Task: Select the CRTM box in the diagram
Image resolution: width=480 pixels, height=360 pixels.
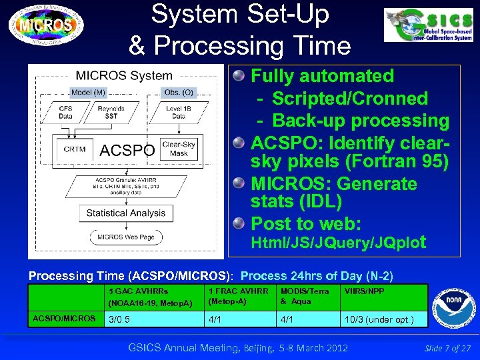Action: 74,149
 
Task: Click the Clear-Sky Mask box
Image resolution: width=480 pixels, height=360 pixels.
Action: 178,149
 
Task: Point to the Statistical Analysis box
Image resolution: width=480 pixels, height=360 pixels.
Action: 125,213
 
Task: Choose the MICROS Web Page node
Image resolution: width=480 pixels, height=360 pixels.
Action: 125,237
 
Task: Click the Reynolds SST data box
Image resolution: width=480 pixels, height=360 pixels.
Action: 111,111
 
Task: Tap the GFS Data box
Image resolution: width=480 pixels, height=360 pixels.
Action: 65,111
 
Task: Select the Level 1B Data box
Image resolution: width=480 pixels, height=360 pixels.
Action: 179,111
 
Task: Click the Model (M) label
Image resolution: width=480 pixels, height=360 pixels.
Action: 88,92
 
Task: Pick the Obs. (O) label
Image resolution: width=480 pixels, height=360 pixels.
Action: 179,92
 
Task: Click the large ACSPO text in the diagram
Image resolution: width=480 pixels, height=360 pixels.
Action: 127,150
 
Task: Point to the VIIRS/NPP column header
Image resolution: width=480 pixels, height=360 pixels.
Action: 365,291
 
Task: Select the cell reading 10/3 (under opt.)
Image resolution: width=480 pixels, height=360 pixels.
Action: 379,319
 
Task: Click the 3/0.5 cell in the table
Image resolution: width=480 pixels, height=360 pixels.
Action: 119,319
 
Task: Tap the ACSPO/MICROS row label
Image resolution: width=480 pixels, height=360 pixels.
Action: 64,319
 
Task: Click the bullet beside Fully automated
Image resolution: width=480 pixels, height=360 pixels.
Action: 238,77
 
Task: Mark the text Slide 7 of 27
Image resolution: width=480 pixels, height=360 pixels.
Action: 447,348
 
